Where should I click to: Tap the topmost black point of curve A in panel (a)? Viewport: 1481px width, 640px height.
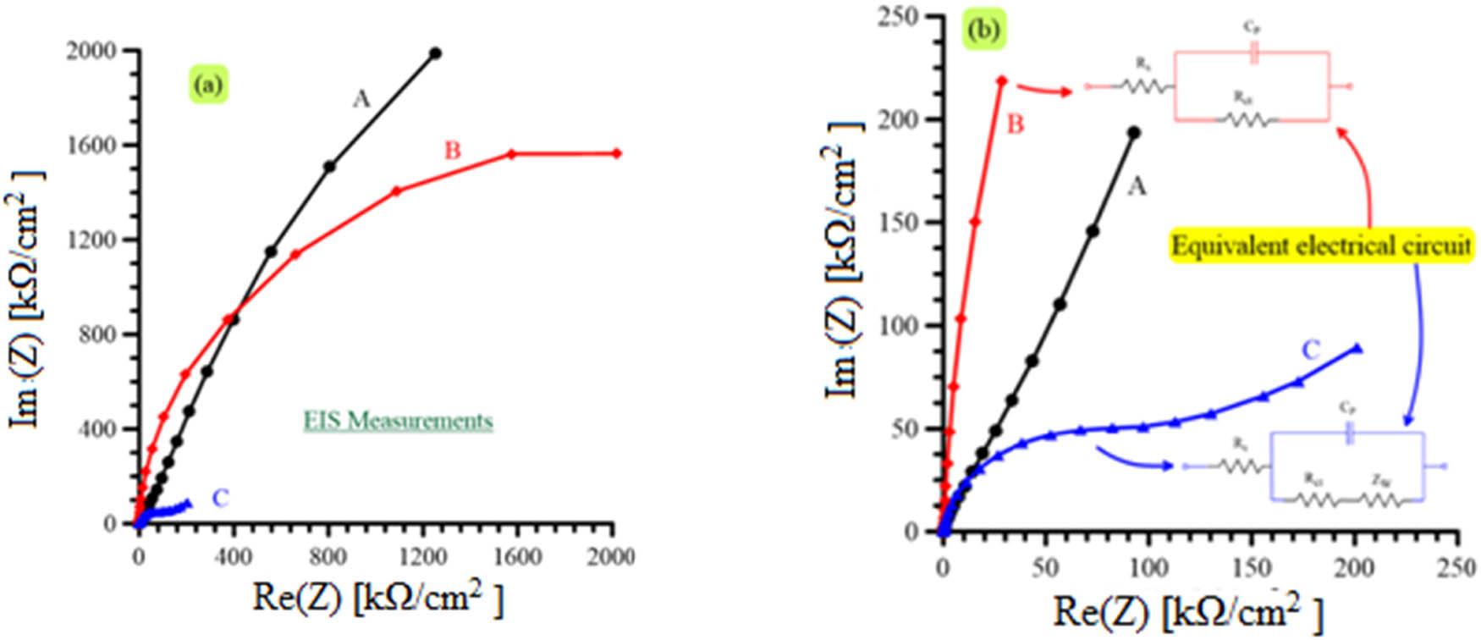coord(435,52)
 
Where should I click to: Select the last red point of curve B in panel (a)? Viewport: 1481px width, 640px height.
coord(616,153)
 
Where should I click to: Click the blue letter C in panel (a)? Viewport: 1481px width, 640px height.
coord(220,499)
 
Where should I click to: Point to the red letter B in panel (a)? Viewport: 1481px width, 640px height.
coord(453,151)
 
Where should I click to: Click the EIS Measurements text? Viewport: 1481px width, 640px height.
coord(398,421)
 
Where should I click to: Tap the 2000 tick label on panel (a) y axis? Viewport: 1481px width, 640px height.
coord(91,52)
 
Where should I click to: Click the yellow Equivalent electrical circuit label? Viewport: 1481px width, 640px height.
coord(1321,246)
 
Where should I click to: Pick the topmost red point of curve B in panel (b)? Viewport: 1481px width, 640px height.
coord(1002,80)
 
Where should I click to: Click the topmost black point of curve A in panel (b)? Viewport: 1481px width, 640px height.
coord(1134,132)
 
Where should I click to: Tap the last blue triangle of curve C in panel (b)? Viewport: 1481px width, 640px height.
coord(1357,347)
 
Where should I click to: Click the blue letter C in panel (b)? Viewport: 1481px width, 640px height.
coord(1310,350)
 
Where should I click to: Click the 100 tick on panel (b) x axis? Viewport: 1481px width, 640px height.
coord(1148,567)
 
